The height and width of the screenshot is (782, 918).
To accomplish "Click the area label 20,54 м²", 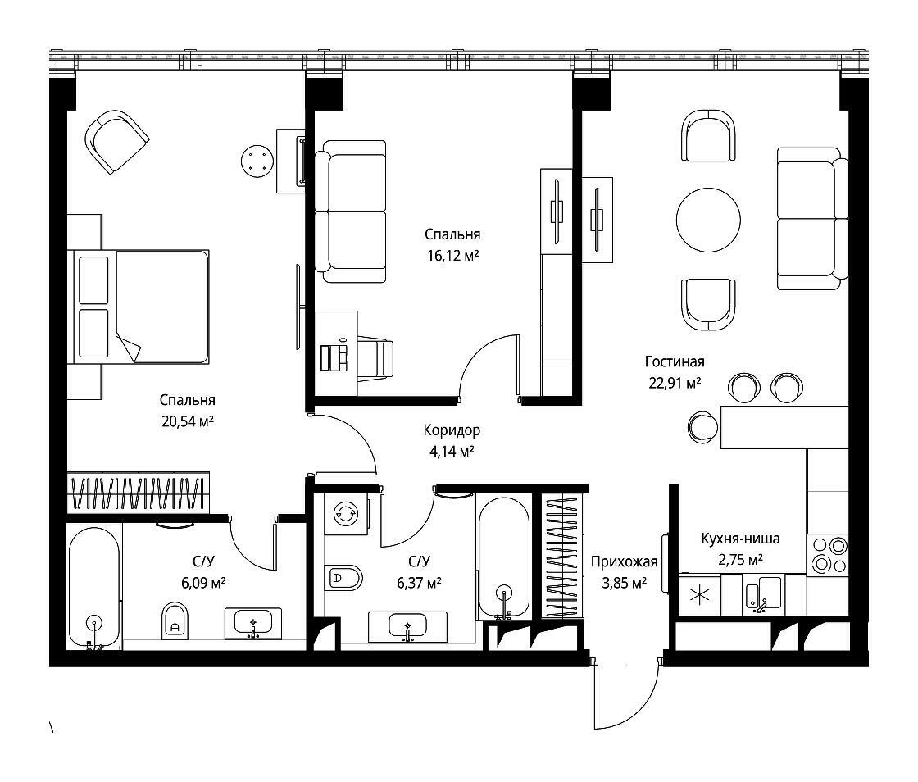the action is pos(188,421).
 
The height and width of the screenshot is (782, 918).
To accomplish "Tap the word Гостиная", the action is pos(675,361).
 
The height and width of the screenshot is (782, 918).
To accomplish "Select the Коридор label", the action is pos(452,430).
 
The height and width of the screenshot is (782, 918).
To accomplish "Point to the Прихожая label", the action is pos(624,562).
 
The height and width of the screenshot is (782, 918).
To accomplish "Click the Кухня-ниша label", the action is pos(741,538).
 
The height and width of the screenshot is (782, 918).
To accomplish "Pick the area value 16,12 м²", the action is pos(453,256).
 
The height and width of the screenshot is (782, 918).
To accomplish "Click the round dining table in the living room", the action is pos(708,220).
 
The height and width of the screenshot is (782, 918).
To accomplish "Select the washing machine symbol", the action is pos(346,513).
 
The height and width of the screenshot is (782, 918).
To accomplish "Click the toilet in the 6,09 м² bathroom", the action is pos(175,620).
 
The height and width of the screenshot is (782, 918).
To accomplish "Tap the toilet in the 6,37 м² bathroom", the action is pos(343,579).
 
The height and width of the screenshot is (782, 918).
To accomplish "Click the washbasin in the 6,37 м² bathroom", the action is pos(407,627).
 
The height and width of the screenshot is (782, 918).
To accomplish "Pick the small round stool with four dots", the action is pos(257,161).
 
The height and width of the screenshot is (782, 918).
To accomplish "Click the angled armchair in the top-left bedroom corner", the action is pos(116,142).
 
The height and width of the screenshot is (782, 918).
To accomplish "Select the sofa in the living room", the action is pos(812,218).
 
